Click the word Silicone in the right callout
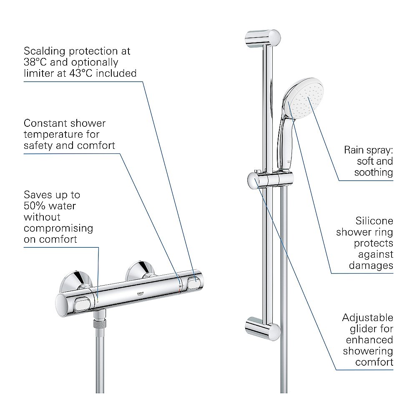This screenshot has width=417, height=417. [374, 221]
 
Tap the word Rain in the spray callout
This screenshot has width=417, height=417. [354, 150]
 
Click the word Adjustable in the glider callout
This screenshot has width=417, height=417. [367, 317]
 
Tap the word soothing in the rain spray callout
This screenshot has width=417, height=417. [374, 172]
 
